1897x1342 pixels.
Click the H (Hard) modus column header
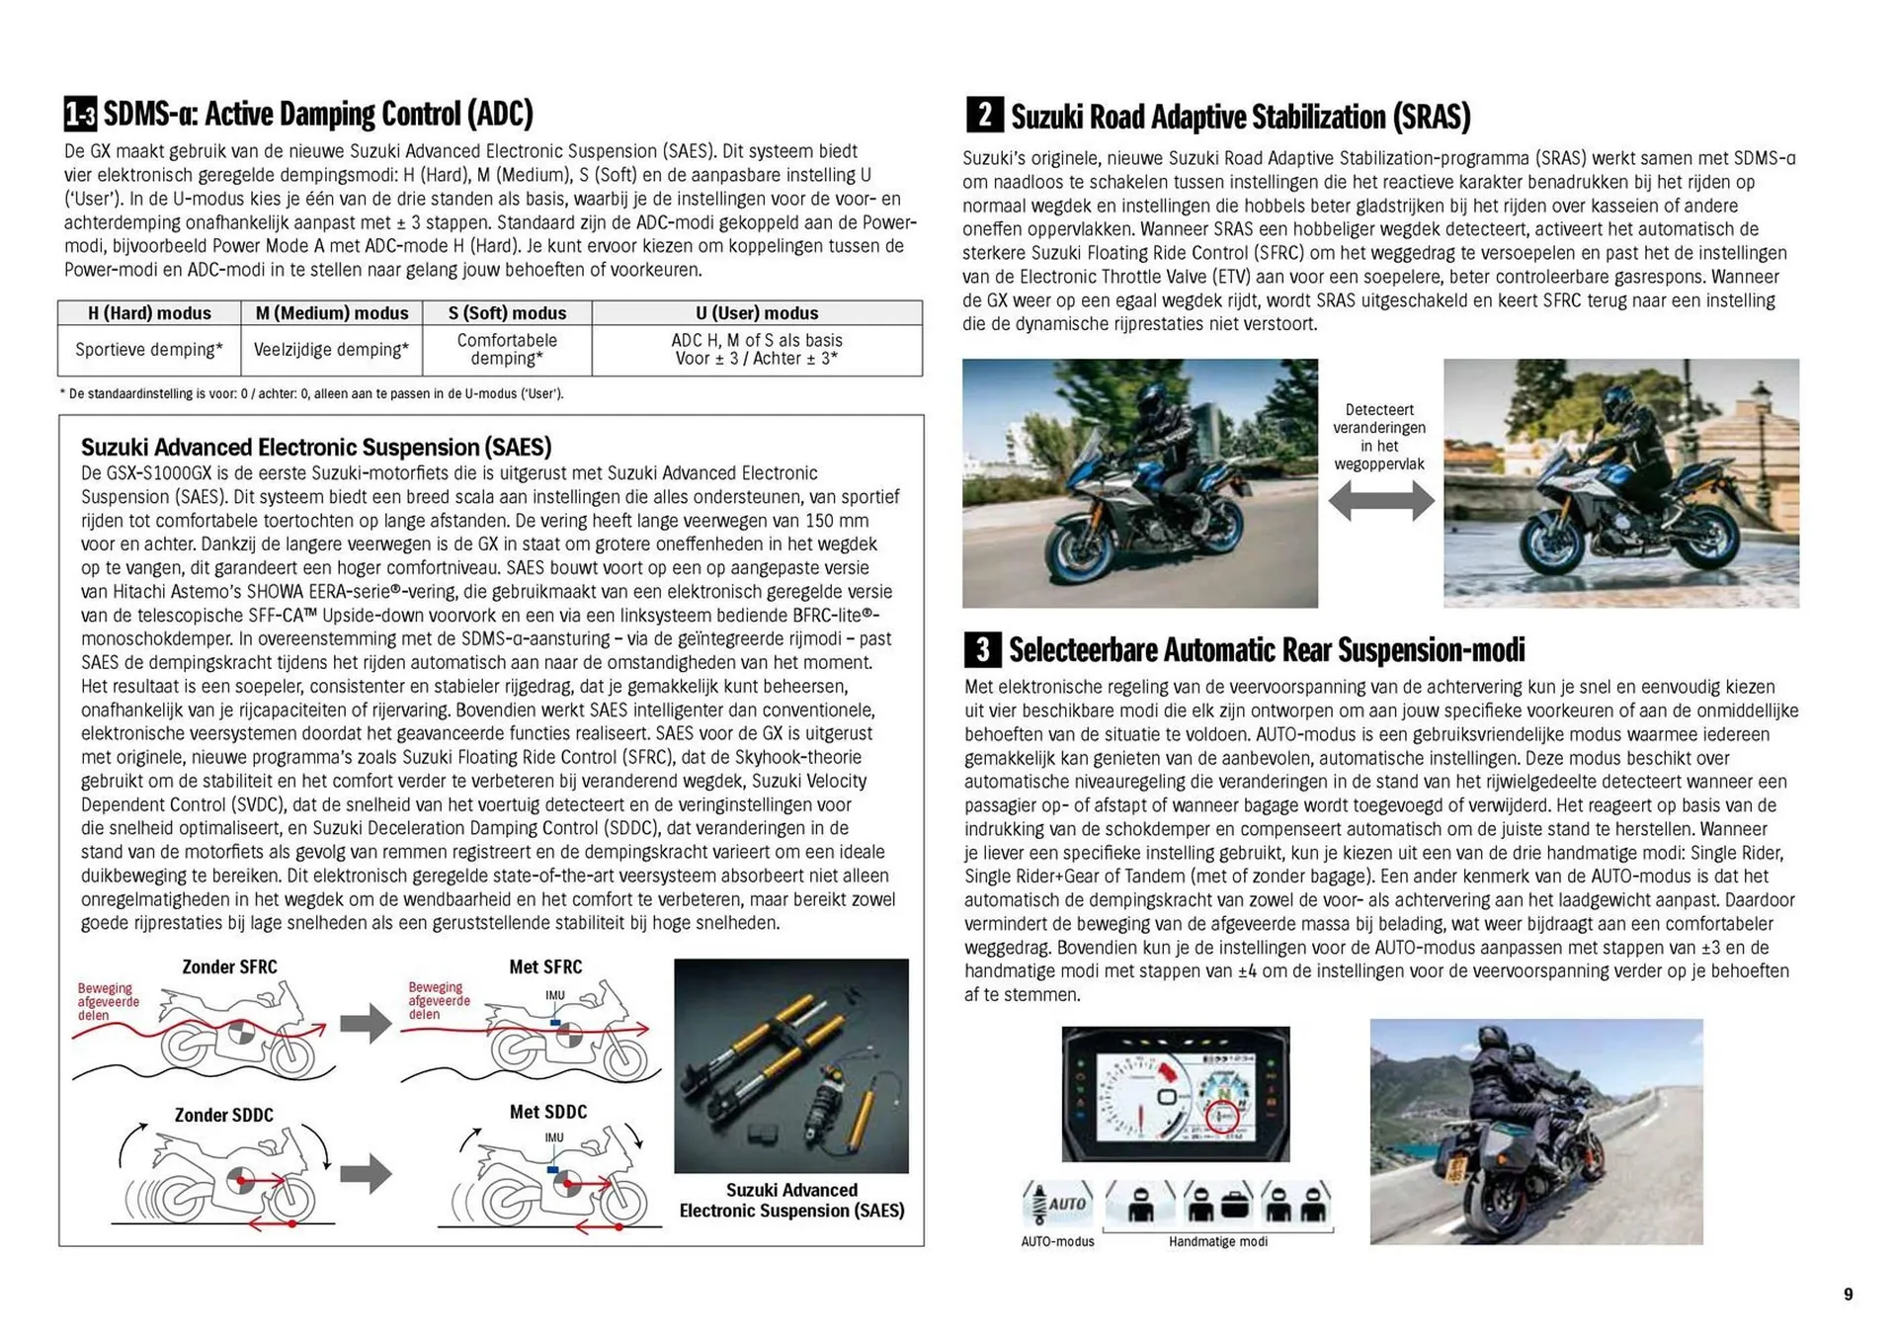coord(149,313)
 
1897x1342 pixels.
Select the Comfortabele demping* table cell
coord(507,349)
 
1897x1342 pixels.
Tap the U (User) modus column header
coord(757,313)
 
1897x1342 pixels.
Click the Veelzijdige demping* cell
coord(331,350)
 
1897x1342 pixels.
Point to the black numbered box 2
coord(984,115)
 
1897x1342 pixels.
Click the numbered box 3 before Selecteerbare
coord(982,649)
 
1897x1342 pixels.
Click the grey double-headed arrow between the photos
coord(1380,501)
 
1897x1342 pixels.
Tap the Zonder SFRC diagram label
coord(229,966)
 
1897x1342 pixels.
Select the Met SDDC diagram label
coord(547,1112)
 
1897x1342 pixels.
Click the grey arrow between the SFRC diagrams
coord(366,1024)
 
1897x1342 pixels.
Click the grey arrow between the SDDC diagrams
coord(366,1174)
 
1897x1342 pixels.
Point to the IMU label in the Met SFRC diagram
coord(555,995)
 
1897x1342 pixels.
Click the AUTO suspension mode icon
coord(1057,1203)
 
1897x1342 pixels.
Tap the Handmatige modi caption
coord(1217,1242)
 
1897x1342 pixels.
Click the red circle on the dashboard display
coord(1222,1116)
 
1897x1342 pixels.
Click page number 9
coord(1848,1295)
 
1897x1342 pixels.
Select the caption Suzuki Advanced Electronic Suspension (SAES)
coord(791,1201)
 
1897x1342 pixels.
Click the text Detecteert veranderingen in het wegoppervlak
coord(1379,437)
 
